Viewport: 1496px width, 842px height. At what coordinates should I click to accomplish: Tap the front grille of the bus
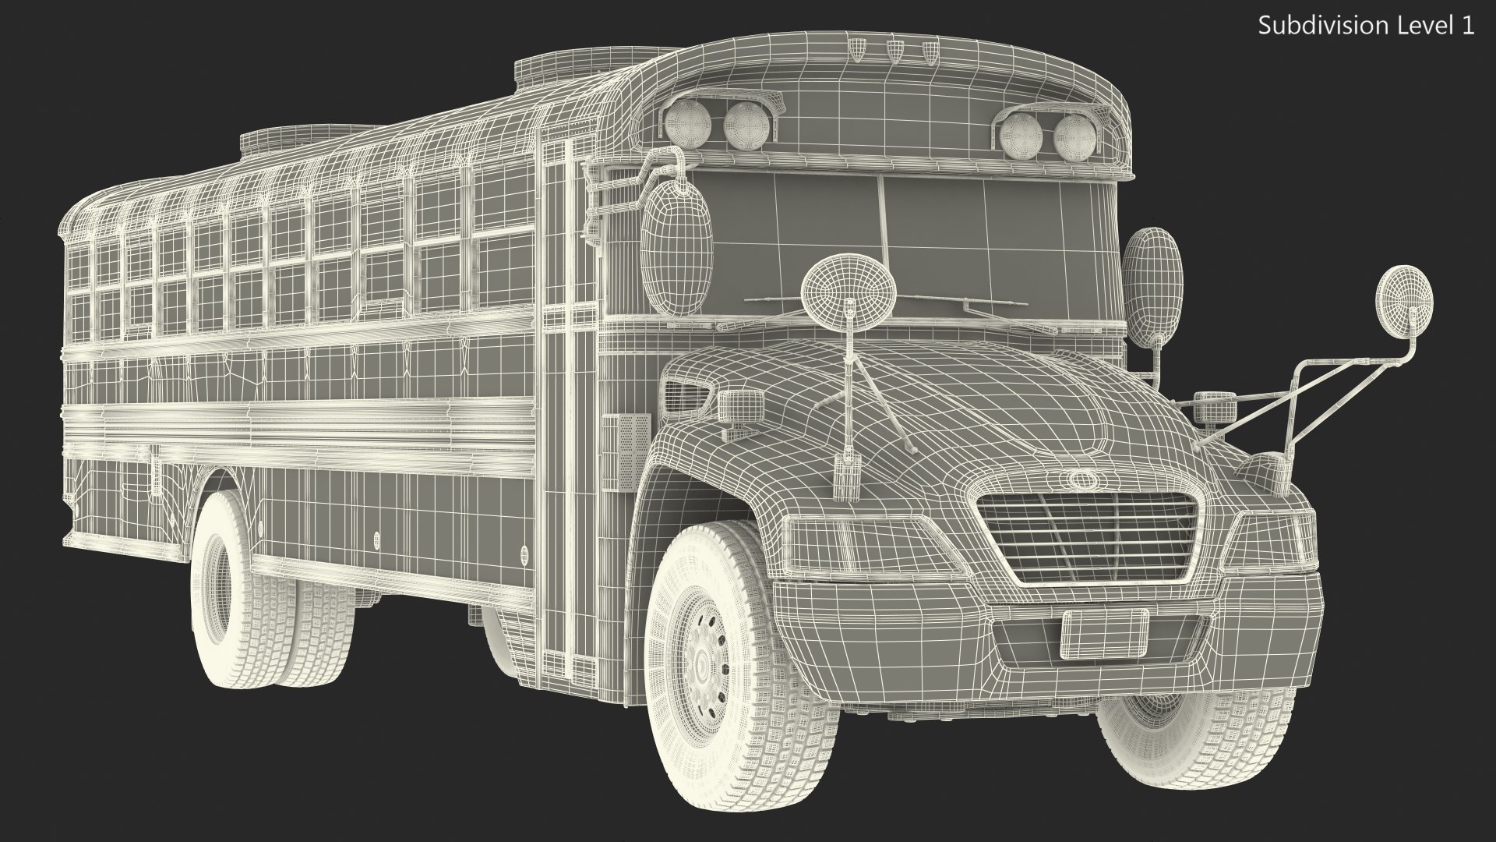coord(1088,539)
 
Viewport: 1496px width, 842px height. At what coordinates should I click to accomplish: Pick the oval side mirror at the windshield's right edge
coord(1152,264)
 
